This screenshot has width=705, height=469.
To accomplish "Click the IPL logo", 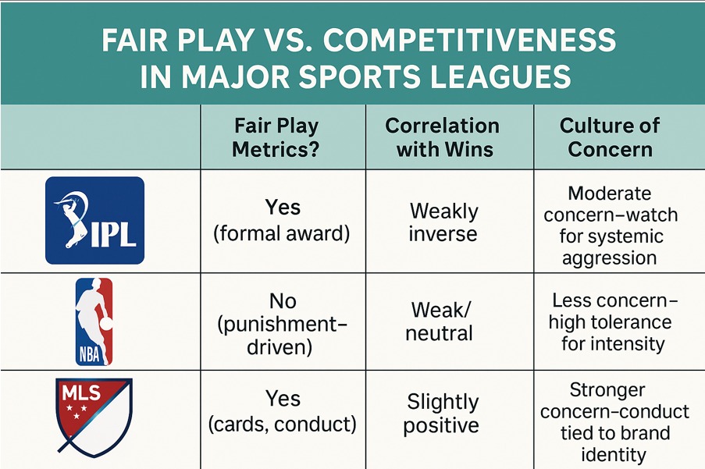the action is pyautogui.click(x=95, y=220).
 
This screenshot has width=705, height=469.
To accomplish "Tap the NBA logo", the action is pyautogui.click(x=94, y=322).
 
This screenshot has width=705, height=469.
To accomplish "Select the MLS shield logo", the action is pyautogui.click(x=94, y=417).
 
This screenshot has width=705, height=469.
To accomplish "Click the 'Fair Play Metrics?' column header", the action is pyautogui.click(x=276, y=137).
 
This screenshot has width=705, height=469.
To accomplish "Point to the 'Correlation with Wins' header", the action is pyautogui.click(x=443, y=137).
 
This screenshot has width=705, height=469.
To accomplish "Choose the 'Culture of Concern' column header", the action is pyautogui.click(x=610, y=137).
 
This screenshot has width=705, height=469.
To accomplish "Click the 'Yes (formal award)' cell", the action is pyautogui.click(x=282, y=220).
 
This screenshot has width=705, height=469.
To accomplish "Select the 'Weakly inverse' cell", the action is pyautogui.click(x=443, y=222).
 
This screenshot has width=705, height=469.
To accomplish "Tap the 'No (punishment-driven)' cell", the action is pyautogui.click(x=282, y=323).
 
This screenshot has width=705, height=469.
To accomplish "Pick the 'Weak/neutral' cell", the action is pyautogui.click(x=440, y=322).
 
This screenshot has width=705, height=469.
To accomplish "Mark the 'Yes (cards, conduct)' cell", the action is pyautogui.click(x=283, y=411).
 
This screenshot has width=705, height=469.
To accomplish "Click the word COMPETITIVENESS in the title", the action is pyautogui.click(x=469, y=40).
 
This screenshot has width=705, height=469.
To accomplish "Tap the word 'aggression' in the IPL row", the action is pyautogui.click(x=610, y=258).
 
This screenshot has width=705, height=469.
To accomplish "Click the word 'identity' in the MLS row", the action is pyautogui.click(x=614, y=454).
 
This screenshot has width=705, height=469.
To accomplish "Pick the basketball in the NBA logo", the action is pyautogui.click(x=105, y=323).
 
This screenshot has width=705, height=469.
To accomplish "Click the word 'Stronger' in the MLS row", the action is pyautogui.click(x=607, y=389).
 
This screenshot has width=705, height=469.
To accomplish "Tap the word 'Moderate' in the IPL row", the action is pyautogui.click(x=610, y=194).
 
